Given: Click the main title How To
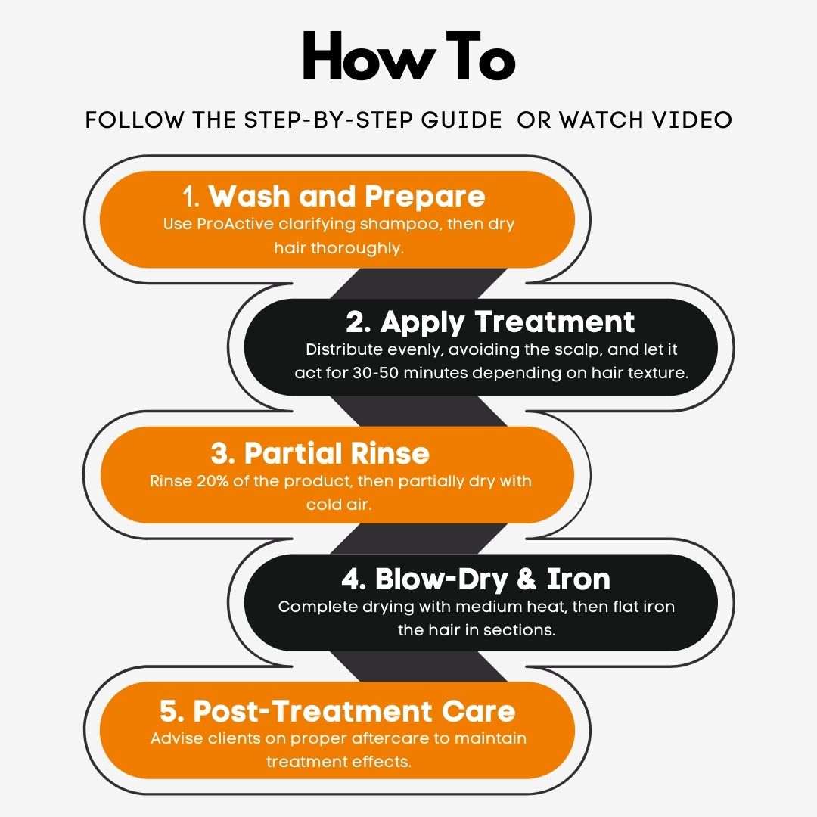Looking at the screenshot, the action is click(x=408, y=56).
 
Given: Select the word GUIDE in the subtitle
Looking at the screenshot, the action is click(x=461, y=120).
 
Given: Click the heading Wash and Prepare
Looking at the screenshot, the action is click(x=347, y=196).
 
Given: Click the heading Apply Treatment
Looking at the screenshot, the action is click(x=508, y=322).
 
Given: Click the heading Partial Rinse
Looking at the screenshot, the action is click(x=337, y=453).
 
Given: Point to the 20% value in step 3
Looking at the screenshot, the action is click(x=213, y=481).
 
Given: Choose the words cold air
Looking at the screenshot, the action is click(x=339, y=505).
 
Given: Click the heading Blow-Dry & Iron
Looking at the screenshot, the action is click(x=492, y=579).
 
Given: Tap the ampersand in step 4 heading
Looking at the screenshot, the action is click(x=527, y=579).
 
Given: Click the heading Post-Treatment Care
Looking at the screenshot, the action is click(x=354, y=710).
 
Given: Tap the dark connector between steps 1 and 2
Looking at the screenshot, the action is click(x=419, y=284).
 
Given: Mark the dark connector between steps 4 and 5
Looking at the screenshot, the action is click(x=419, y=666).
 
